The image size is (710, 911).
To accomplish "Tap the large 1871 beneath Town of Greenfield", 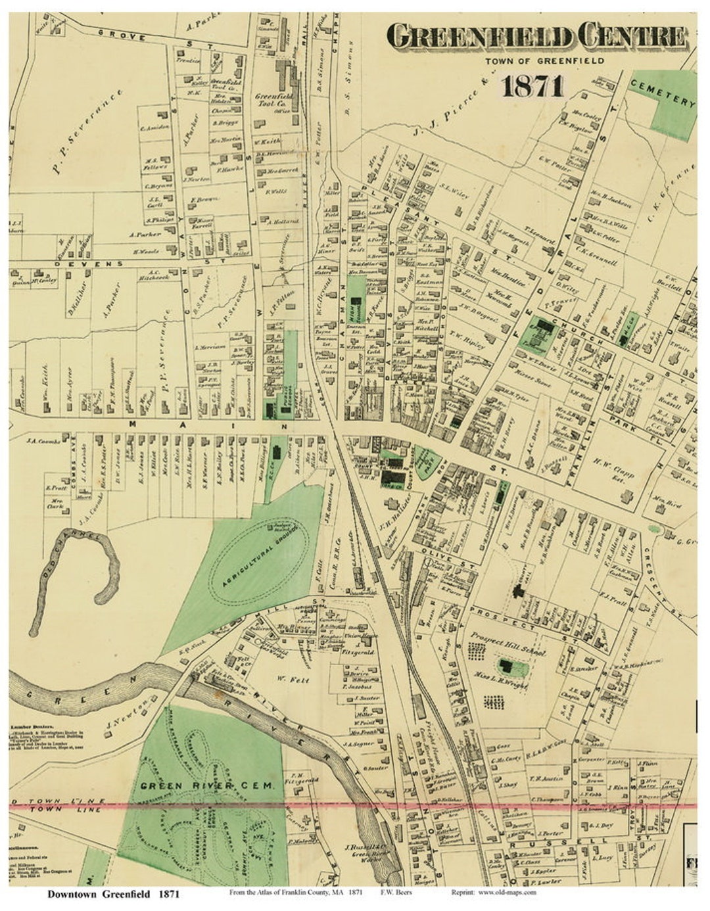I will pos(532,85).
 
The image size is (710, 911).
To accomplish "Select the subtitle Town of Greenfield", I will pos(545,61).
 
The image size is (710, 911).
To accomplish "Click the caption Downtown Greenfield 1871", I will pos(113,894).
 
